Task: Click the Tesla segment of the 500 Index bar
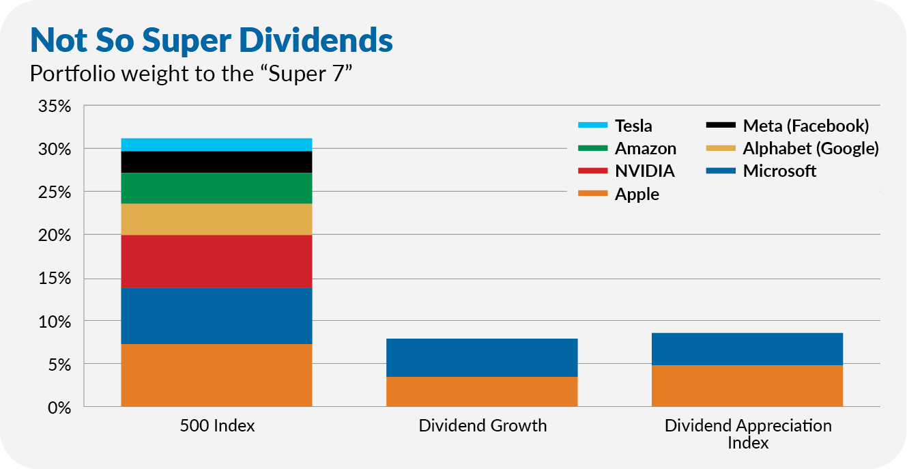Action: click(216, 144)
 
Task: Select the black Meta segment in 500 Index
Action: click(216, 162)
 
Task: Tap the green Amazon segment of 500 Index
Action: click(216, 188)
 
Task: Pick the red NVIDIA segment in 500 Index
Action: click(216, 261)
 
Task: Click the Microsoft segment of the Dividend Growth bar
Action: click(482, 357)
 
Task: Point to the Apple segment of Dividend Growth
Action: click(482, 391)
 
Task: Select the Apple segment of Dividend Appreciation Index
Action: click(747, 386)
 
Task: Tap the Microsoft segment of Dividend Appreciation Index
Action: click(747, 349)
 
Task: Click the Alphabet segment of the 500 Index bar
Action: click(216, 219)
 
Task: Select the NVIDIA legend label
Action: click(644, 171)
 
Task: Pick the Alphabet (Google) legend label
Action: click(810, 148)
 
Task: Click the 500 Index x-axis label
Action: click(217, 426)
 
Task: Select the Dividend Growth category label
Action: click(483, 426)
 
